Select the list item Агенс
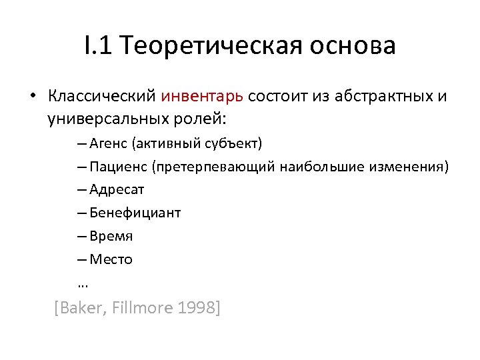coord(108,143)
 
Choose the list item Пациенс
coord(117,166)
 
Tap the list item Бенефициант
coord(135,213)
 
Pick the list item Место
coord(111,259)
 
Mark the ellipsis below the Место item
coord(82,284)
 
